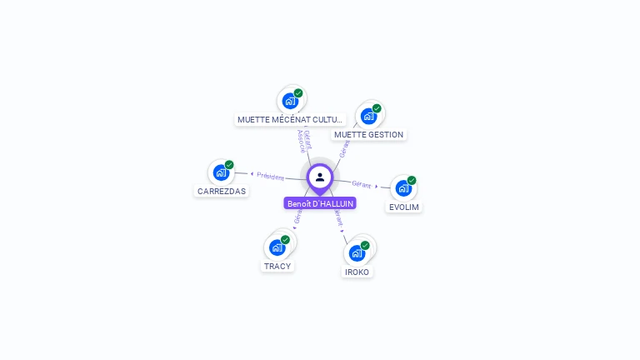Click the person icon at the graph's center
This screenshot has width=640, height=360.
(320, 177)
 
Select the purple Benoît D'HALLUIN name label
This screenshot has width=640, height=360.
(320, 203)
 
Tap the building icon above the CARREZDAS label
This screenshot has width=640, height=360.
(220, 172)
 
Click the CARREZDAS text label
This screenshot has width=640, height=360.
(221, 191)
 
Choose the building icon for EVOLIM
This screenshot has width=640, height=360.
(403, 188)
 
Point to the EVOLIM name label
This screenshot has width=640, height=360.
(404, 207)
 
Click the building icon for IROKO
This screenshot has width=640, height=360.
(357, 252)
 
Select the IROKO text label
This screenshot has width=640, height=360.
(357, 272)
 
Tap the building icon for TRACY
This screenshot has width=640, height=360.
(277, 247)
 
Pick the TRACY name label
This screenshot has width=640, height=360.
(277, 266)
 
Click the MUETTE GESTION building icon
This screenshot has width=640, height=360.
(368, 116)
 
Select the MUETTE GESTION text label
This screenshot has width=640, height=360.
(368, 134)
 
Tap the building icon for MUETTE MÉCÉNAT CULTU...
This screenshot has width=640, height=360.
(290, 101)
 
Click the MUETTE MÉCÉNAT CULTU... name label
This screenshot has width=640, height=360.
(290, 119)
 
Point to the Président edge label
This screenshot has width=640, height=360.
(270, 176)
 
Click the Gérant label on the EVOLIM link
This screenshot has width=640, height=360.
(362, 183)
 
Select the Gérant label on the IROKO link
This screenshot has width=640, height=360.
(338, 218)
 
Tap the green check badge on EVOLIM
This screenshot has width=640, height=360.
(412, 180)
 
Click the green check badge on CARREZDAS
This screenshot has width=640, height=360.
(229, 164)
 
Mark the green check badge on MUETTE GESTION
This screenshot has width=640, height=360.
(377, 108)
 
